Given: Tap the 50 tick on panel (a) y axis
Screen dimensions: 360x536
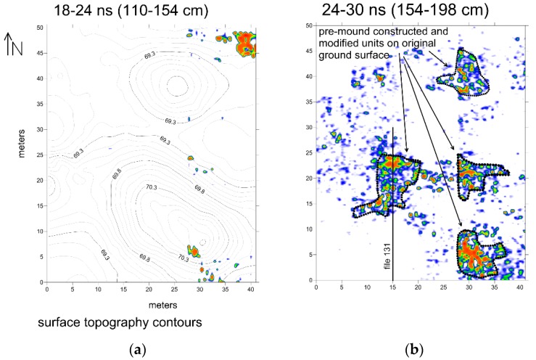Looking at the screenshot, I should (38, 27).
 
